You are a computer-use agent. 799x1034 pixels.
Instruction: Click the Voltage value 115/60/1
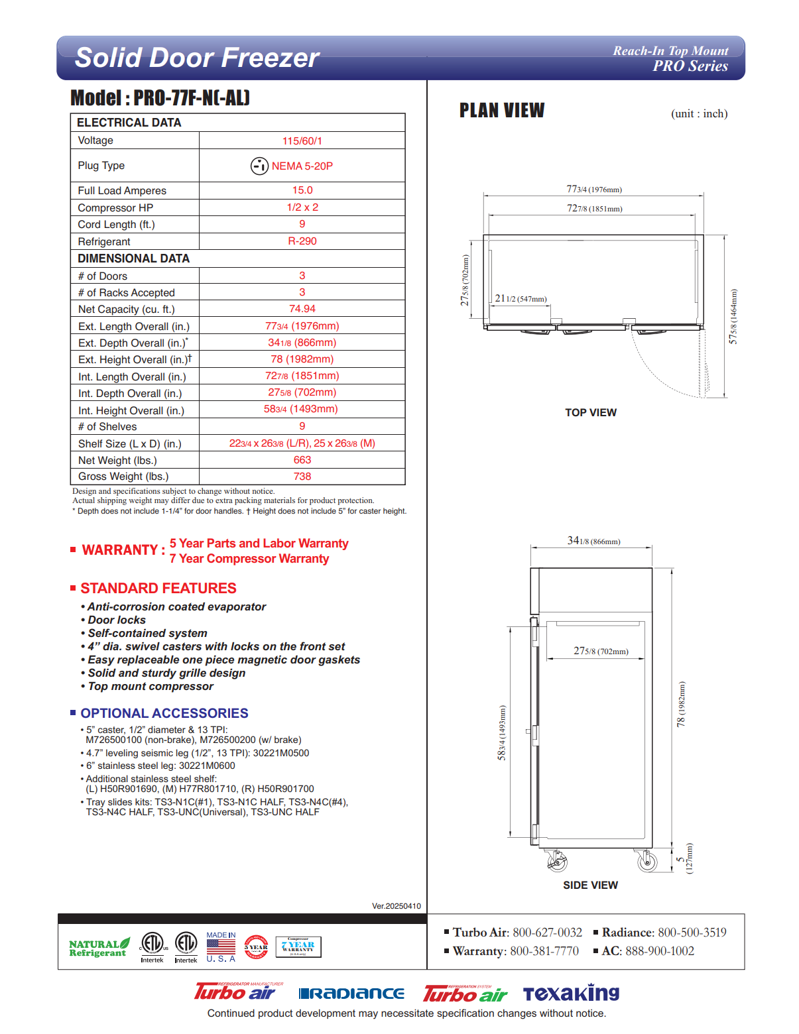pyautogui.click(x=302, y=141)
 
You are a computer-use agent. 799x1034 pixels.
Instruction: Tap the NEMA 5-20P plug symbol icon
pyautogui.click(x=259, y=166)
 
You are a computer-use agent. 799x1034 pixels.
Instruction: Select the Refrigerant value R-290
pyautogui.click(x=302, y=241)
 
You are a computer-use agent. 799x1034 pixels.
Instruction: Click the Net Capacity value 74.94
pyautogui.click(x=302, y=309)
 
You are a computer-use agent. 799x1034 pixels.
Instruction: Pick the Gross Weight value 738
pyautogui.click(x=302, y=477)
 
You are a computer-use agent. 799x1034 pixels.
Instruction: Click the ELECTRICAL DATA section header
pyautogui.click(x=129, y=123)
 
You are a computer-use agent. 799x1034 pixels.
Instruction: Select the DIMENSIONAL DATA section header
pyautogui.click(x=133, y=258)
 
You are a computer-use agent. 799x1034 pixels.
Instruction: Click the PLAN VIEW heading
pyautogui.click(x=502, y=111)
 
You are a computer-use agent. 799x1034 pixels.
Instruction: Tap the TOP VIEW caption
pyautogui.click(x=590, y=412)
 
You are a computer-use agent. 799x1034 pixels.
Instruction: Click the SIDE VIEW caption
pyautogui.click(x=590, y=886)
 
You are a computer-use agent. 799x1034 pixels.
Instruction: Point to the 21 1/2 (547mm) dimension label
pyautogui.click(x=521, y=299)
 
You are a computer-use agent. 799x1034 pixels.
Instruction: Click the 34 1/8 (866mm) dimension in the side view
pyautogui.click(x=593, y=541)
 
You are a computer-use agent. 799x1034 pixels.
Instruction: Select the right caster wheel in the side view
pyautogui.click(x=646, y=861)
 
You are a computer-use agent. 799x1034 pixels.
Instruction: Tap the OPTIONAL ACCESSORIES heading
pyautogui.click(x=164, y=713)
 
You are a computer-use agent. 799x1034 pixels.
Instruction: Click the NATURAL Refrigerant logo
pyautogui.click(x=99, y=948)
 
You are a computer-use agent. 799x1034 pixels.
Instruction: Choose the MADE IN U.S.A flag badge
pyautogui.click(x=221, y=947)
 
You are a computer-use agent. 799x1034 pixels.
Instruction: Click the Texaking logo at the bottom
pyautogui.click(x=571, y=993)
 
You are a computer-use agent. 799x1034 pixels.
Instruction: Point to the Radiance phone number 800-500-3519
pyautogui.click(x=692, y=933)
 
